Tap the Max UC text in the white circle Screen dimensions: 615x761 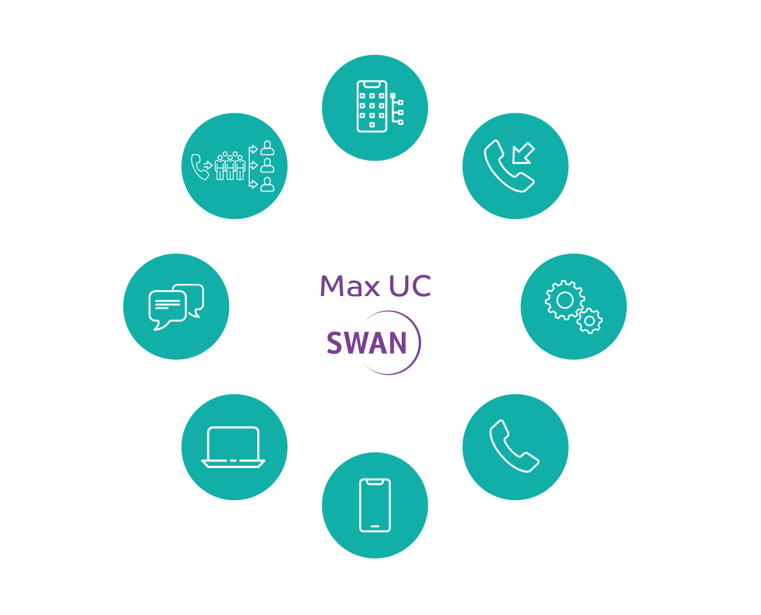tap(375, 286)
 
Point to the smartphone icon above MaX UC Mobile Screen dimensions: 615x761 tap(375, 505)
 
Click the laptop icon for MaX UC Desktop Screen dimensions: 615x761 tap(234, 447)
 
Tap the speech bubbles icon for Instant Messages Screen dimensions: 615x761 tap(176, 306)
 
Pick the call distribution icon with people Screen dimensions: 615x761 tap(234, 165)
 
